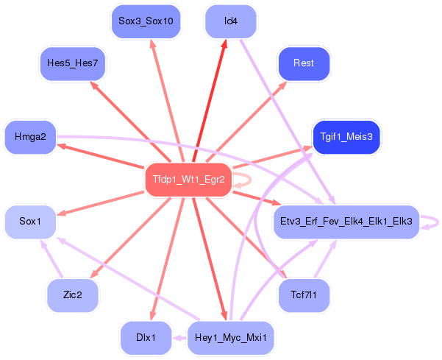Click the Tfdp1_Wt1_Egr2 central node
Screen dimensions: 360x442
coord(188,180)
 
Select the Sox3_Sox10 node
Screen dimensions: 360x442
coord(146,21)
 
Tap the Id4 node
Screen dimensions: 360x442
coord(230,21)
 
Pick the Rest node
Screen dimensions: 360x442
coord(303,64)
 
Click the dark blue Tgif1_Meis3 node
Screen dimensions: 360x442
coord(346,137)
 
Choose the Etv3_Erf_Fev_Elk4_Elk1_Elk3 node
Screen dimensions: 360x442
coord(346,221)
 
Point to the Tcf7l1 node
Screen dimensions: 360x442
coord(304,295)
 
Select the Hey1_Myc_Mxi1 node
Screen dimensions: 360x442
coord(231,339)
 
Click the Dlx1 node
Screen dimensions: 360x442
coord(146,339)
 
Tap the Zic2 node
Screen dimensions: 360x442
coord(72,295)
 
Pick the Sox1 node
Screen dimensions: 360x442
coord(30,221)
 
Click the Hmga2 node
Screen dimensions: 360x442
coord(30,137)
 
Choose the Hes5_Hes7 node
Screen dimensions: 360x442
coord(72,64)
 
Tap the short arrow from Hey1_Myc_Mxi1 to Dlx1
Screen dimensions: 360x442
coord(179,339)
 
